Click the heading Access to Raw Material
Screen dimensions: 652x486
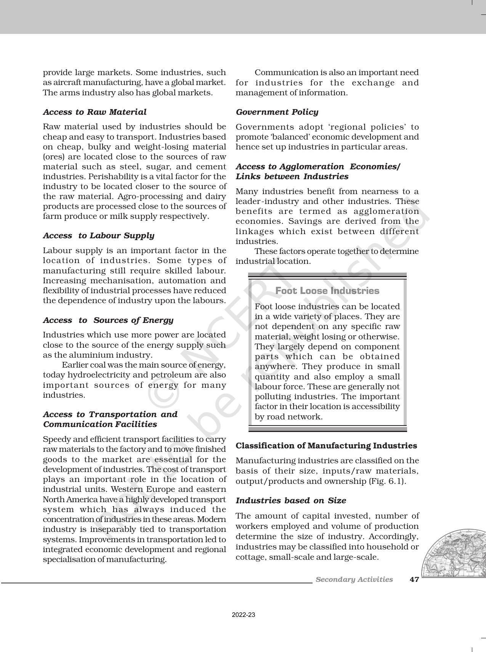coord(95,112)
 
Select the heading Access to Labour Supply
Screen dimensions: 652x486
coord(98,236)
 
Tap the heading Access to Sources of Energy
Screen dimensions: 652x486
coord(108,320)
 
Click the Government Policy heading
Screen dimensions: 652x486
coord(277,112)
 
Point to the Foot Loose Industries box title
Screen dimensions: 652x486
coord(327,291)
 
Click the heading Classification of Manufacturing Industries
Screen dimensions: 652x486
coord(326,446)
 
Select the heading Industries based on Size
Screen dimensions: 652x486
coord(290,501)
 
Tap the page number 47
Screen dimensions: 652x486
coord(414,580)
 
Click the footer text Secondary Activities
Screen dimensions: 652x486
coord(354,580)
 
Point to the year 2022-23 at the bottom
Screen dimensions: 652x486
coord(243,615)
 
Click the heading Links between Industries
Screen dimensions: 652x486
coord(292,177)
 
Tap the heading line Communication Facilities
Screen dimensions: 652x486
coord(100,424)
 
